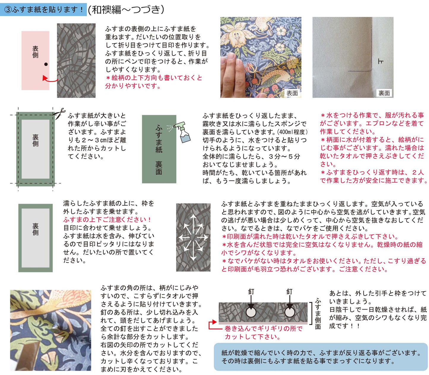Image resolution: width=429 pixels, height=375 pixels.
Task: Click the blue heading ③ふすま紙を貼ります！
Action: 44,9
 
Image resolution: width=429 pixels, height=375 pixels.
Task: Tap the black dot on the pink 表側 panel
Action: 46,64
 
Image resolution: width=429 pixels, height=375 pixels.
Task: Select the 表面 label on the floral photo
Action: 292,93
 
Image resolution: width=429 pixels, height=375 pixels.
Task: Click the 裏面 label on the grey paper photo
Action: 384,93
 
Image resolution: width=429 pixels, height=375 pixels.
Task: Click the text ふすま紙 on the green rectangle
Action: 159,139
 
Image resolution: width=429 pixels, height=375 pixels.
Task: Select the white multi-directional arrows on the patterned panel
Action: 193,237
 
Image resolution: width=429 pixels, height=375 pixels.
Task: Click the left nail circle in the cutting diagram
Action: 251,312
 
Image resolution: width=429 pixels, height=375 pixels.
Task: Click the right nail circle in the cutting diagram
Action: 289,312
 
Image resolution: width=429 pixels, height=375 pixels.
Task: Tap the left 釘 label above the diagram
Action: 251,292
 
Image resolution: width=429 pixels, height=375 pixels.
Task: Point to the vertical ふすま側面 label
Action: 318,314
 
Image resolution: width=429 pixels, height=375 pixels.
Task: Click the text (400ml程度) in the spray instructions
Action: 292,132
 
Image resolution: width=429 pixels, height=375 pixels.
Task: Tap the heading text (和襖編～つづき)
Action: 126,9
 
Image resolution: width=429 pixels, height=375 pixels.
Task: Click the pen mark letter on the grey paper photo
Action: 381,61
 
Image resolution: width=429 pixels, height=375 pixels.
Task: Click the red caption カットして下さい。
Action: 252,337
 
